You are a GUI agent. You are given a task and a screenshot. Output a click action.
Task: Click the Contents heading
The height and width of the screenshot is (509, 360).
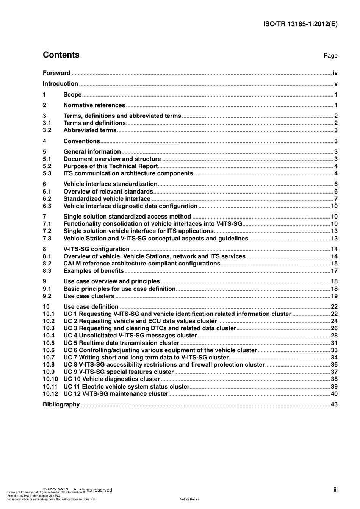(61, 55)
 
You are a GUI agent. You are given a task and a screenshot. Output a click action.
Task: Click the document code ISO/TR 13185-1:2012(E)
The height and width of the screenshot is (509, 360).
(300, 24)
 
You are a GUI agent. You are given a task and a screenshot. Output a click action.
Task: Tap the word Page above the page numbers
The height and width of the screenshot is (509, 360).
(330, 56)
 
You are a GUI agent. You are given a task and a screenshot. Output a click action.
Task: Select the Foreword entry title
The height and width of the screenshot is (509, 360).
(56, 73)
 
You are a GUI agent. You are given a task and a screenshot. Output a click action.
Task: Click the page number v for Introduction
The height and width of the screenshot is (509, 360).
(336, 84)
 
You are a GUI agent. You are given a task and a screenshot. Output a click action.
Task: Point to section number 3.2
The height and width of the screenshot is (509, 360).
(47, 130)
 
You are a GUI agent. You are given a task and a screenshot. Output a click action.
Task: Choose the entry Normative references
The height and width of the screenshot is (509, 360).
(94, 105)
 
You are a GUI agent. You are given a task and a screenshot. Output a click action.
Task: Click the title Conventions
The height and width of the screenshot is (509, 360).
(81, 141)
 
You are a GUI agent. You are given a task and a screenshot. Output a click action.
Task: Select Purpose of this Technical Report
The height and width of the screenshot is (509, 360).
(110, 166)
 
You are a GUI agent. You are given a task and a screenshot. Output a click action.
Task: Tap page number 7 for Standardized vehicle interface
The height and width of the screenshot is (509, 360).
(336, 199)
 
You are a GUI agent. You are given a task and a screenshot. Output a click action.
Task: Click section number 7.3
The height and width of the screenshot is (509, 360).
(47, 239)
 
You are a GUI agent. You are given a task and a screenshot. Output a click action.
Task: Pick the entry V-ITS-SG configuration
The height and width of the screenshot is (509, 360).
(96, 249)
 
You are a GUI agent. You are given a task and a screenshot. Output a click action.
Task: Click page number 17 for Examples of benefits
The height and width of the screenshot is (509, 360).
(334, 271)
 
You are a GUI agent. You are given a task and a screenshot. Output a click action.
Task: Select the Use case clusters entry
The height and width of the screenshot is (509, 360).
(89, 296)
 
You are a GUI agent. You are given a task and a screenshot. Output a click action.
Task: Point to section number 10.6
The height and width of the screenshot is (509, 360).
(49, 350)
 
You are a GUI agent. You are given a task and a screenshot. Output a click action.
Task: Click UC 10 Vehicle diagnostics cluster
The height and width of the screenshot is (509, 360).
(111, 379)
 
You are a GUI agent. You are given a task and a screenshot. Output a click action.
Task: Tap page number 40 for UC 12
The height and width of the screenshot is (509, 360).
(334, 394)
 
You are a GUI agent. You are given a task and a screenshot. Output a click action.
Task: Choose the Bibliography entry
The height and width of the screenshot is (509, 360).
(61, 404)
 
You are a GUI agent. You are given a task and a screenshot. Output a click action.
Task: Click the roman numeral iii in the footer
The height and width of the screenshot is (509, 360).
(335, 490)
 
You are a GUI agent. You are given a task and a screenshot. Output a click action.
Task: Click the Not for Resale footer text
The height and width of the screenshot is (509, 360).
(189, 499)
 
